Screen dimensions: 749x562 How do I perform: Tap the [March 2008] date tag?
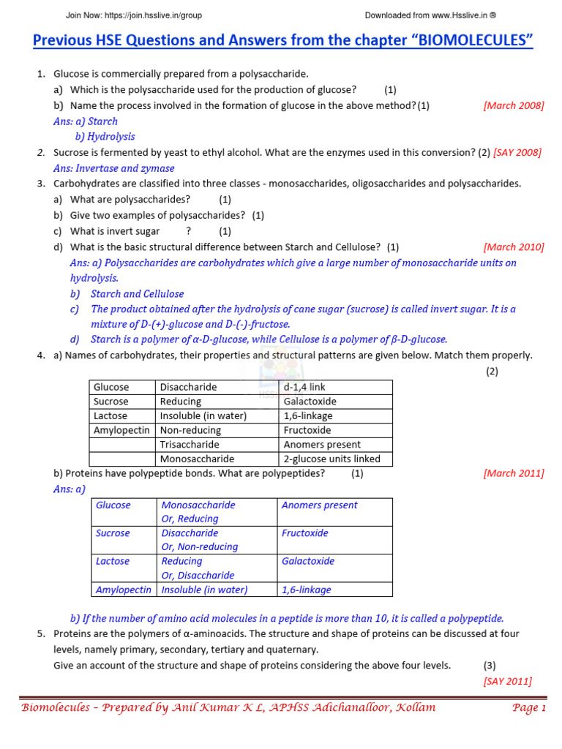click(514, 105)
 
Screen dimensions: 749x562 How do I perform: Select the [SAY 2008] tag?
click(517, 152)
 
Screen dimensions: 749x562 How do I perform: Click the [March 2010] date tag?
click(514, 247)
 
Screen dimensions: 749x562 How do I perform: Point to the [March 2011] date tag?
click(514, 473)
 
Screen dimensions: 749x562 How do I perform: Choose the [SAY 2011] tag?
click(507, 682)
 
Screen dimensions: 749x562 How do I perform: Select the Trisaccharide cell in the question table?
click(189, 445)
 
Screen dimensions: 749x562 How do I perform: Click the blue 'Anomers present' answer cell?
click(319, 505)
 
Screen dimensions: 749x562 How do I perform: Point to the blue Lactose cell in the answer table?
click(112, 561)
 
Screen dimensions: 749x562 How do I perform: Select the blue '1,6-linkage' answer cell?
click(306, 590)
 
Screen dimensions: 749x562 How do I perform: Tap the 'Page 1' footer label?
click(529, 708)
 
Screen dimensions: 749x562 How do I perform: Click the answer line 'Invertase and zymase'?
click(117, 168)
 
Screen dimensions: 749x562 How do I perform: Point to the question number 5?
click(41, 633)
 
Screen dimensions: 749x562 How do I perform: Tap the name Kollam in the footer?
click(413, 708)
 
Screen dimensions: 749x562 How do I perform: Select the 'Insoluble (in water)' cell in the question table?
click(203, 416)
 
